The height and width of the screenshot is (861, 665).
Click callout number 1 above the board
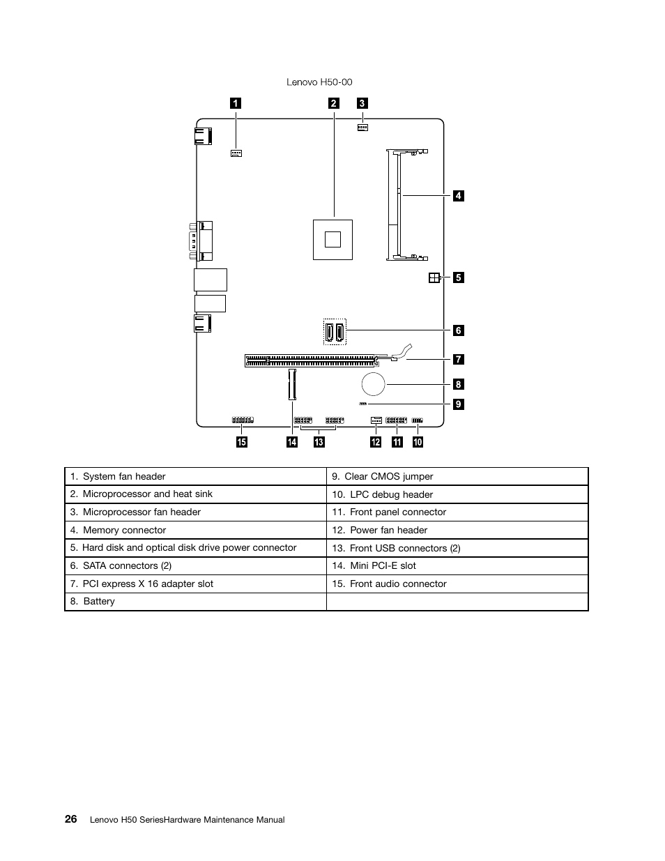point(236,103)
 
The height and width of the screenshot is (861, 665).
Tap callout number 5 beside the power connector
point(458,277)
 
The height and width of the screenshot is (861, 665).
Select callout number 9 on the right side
point(458,404)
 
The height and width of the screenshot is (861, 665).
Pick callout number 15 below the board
point(241,442)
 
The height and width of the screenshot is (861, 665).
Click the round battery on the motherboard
point(373,383)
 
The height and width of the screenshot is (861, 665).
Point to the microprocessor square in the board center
point(332,239)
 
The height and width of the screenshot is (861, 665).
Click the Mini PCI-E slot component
point(292,385)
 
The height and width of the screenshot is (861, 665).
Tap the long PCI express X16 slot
point(310,360)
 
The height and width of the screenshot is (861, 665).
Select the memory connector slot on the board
point(395,205)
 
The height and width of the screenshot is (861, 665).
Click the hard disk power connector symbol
point(434,277)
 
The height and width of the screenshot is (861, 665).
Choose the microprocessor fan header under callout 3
point(362,128)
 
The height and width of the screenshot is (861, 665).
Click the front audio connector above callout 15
point(243,420)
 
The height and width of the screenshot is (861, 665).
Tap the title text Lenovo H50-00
point(319,82)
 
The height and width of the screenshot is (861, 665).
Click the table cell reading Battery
point(99,601)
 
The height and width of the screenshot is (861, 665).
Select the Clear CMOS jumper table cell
point(388,476)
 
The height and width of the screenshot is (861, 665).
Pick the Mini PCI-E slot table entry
point(383,565)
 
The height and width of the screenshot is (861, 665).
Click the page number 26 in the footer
point(71,819)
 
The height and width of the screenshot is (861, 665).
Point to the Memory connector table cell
point(124,530)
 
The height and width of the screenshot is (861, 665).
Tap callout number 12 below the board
point(376,442)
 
